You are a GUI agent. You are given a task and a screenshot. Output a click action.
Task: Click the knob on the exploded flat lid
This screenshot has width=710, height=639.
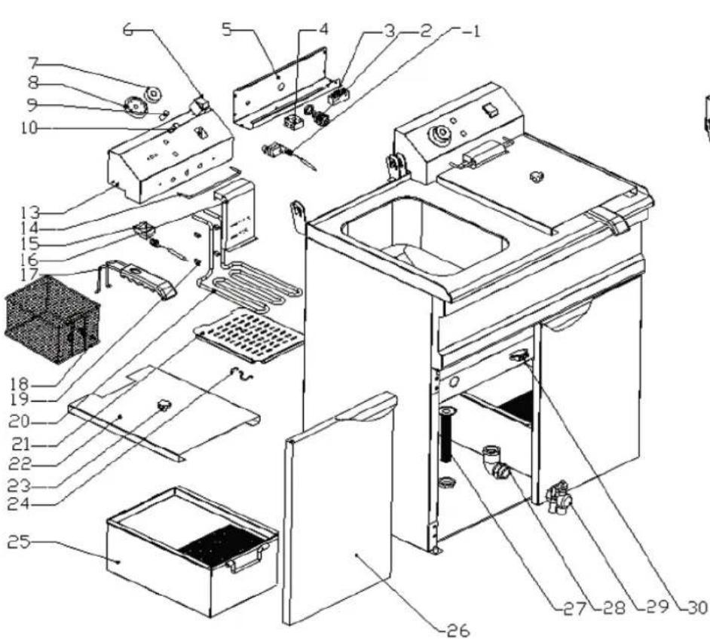click(x=164, y=407)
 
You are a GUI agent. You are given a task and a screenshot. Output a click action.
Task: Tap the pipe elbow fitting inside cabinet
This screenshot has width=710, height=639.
click(x=494, y=461)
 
